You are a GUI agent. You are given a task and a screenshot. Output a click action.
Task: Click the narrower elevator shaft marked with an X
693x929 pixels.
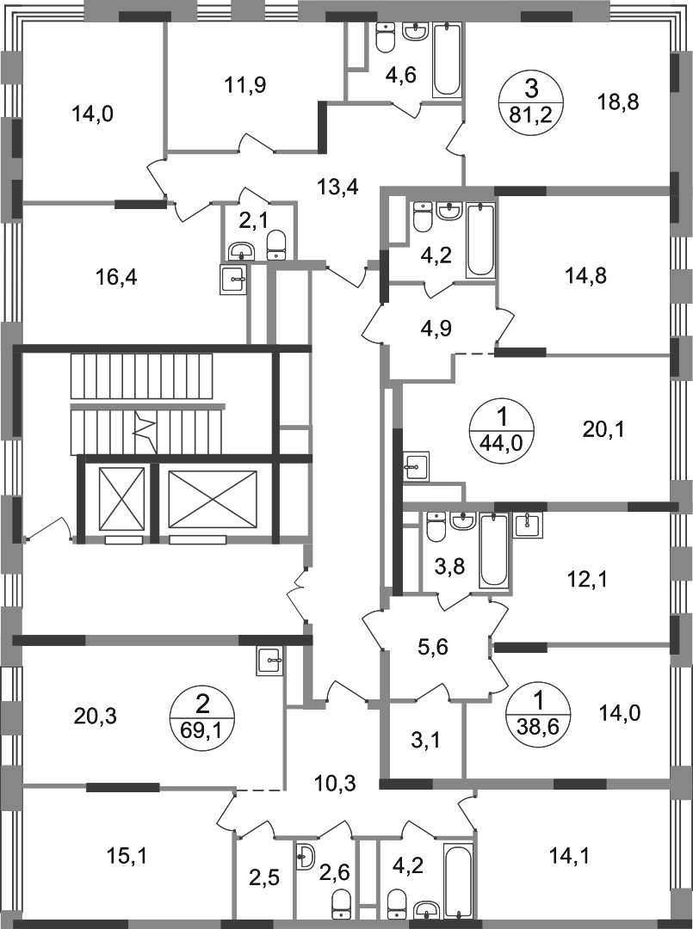(x=121, y=500)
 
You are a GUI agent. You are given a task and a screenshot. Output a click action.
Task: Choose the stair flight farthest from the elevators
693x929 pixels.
(x=142, y=378)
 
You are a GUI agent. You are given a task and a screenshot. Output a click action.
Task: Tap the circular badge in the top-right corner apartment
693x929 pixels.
(x=530, y=102)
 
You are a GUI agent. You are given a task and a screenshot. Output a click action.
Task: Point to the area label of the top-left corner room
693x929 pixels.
(x=95, y=112)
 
